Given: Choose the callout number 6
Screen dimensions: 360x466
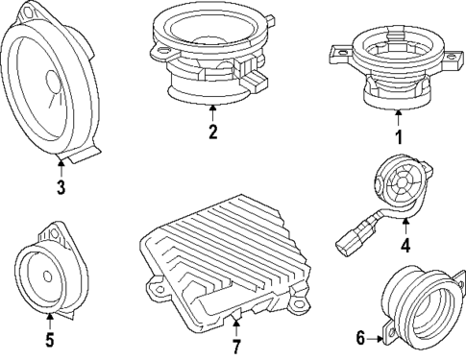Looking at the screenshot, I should [361, 337].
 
